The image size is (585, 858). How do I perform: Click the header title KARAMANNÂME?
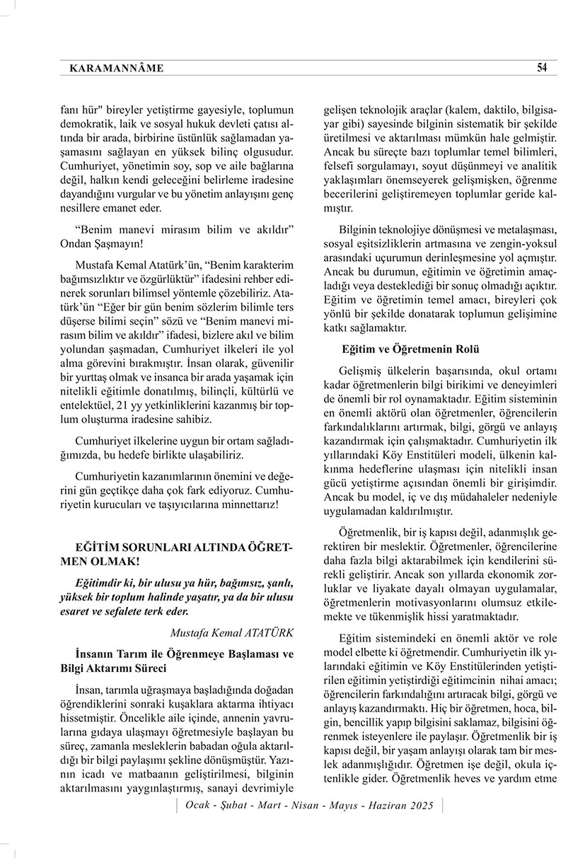117,69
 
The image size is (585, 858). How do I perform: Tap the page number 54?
542,68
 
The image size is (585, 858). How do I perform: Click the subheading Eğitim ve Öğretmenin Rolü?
411,349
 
